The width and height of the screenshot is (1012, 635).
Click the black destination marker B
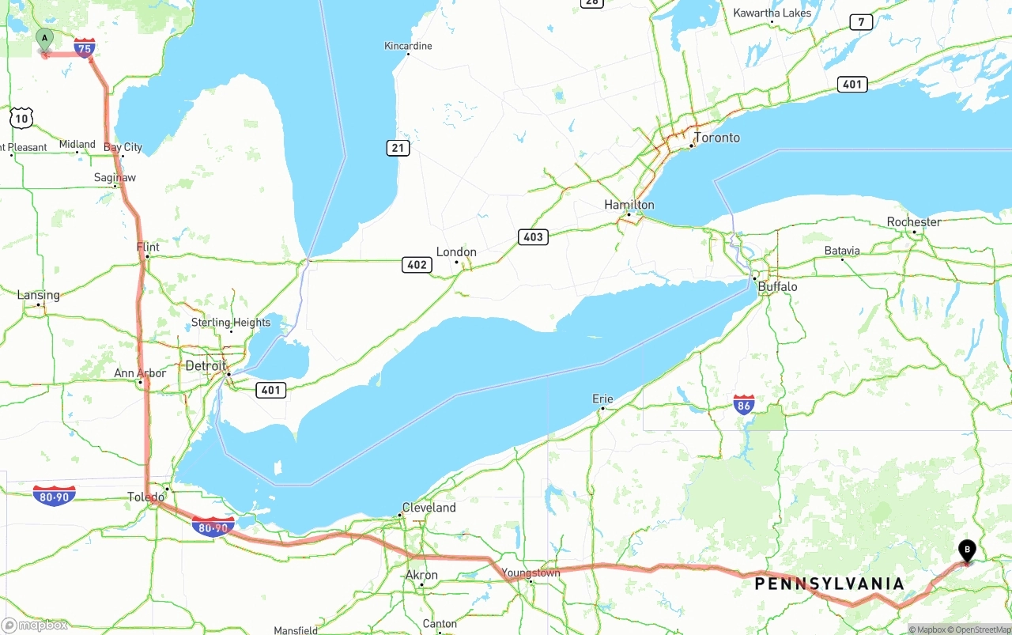tap(966, 550)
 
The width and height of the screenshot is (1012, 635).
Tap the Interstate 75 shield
tap(85, 48)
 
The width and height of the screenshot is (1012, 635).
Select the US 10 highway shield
tap(21, 119)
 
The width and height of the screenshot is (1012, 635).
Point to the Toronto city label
tap(717, 138)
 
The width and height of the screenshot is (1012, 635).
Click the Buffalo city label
tap(777, 286)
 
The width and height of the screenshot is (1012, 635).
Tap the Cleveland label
tap(429, 508)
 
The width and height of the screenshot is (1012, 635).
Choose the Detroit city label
tap(206, 365)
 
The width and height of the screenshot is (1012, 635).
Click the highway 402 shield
tap(417, 265)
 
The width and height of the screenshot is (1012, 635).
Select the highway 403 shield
tap(534, 236)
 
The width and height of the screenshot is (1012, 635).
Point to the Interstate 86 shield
tap(743, 406)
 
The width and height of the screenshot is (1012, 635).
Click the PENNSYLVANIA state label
tap(829, 584)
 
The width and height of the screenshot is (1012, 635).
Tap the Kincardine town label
tap(408, 46)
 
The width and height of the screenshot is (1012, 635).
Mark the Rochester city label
tap(914, 222)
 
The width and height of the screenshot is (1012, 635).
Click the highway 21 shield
tap(398, 148)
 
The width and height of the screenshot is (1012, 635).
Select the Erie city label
tap(602, 399)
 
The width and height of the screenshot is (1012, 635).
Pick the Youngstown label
tap(531, 573)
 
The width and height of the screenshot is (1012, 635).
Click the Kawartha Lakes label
tap(772, 13)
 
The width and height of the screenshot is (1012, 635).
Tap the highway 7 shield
tap(861, 22)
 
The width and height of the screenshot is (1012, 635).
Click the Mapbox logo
tap(35, 626)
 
